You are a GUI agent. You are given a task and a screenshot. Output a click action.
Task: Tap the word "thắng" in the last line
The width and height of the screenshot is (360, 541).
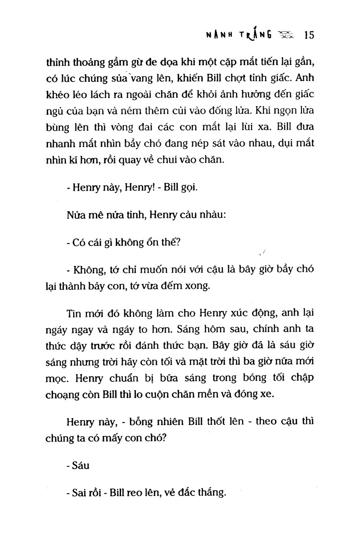coord(210,493)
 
